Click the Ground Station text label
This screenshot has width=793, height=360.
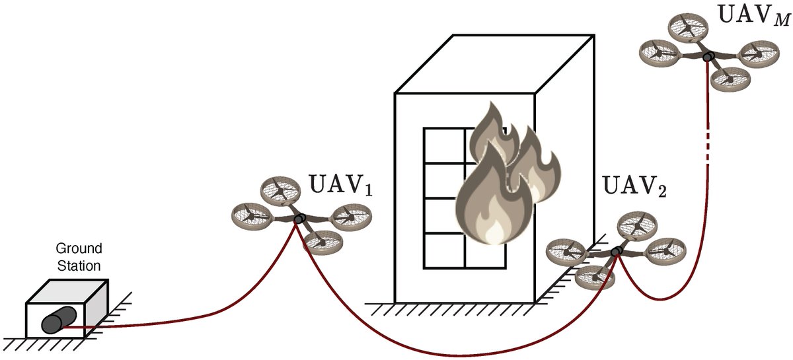click(x=78, y=258)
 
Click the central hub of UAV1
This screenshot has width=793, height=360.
click(x=298, y=219)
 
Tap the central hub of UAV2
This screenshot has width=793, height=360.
click(x=617, y=251)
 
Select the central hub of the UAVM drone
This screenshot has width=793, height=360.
click(x=708, y=57)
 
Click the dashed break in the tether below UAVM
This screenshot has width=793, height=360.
click(x=708, y=142)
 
